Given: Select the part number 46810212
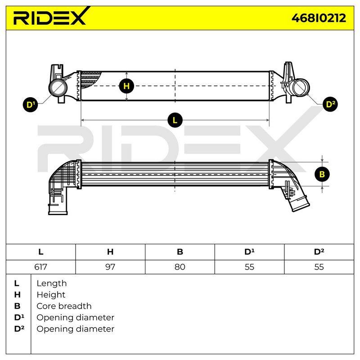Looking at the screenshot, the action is click(319, 18).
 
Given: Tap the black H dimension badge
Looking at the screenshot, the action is click(126, 86).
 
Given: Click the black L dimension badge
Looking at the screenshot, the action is click(175, 120).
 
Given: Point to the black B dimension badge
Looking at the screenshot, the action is click(322, 174).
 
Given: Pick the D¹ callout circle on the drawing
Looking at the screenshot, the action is click(31, 105).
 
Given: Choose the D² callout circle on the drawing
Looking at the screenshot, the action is click(330, 104).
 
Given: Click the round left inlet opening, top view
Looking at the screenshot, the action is click(58, 88).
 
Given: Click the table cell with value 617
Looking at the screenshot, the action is click(40, 267).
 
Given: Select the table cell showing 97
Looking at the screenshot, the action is click(110, 267).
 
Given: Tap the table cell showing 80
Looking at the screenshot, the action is click(180, 267).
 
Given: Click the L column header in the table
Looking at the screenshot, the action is click(40, 252).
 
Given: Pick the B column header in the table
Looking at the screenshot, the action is click(180, 252).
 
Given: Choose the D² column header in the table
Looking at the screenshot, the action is click(319, 252).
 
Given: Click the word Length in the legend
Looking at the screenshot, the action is click(52, 283).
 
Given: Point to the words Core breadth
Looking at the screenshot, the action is click(64, 306).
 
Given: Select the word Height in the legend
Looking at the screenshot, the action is click(51, 295).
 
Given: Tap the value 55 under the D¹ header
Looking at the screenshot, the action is click(249, 267).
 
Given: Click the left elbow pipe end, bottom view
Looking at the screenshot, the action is click(58, 209).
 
